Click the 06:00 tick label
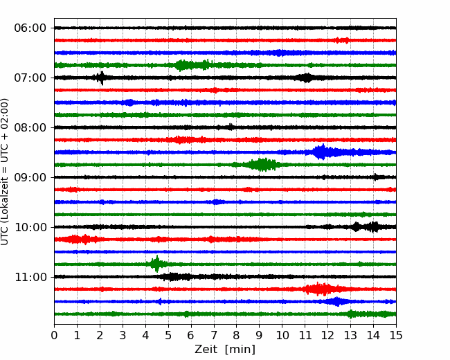click(x=30, y=28)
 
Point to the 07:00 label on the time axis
click(x=30, y=78)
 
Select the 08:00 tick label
click(x=30, y=128)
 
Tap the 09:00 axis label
click(x=30, y=177)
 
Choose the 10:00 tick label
click(x=30, y=227)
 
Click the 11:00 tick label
click(x=30, y=278)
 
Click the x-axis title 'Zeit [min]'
click(x=225, y=350)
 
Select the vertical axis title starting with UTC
click(x=4, y=172)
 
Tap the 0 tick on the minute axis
click(x=54, y=335)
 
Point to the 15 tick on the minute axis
click(x=396, y=335)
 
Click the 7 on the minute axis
click(x=214, y=335)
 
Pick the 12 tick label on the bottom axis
click(x=327, y=335)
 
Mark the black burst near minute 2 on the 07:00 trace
click(x=101, y=78)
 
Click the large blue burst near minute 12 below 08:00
click(x=323, y=152)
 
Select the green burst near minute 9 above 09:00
click(x=262, y=165)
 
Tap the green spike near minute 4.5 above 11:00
click(x=156, y=264)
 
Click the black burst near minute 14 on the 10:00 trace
click(x=373, y=227)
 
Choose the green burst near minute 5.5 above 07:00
click(x=181, y=65)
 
